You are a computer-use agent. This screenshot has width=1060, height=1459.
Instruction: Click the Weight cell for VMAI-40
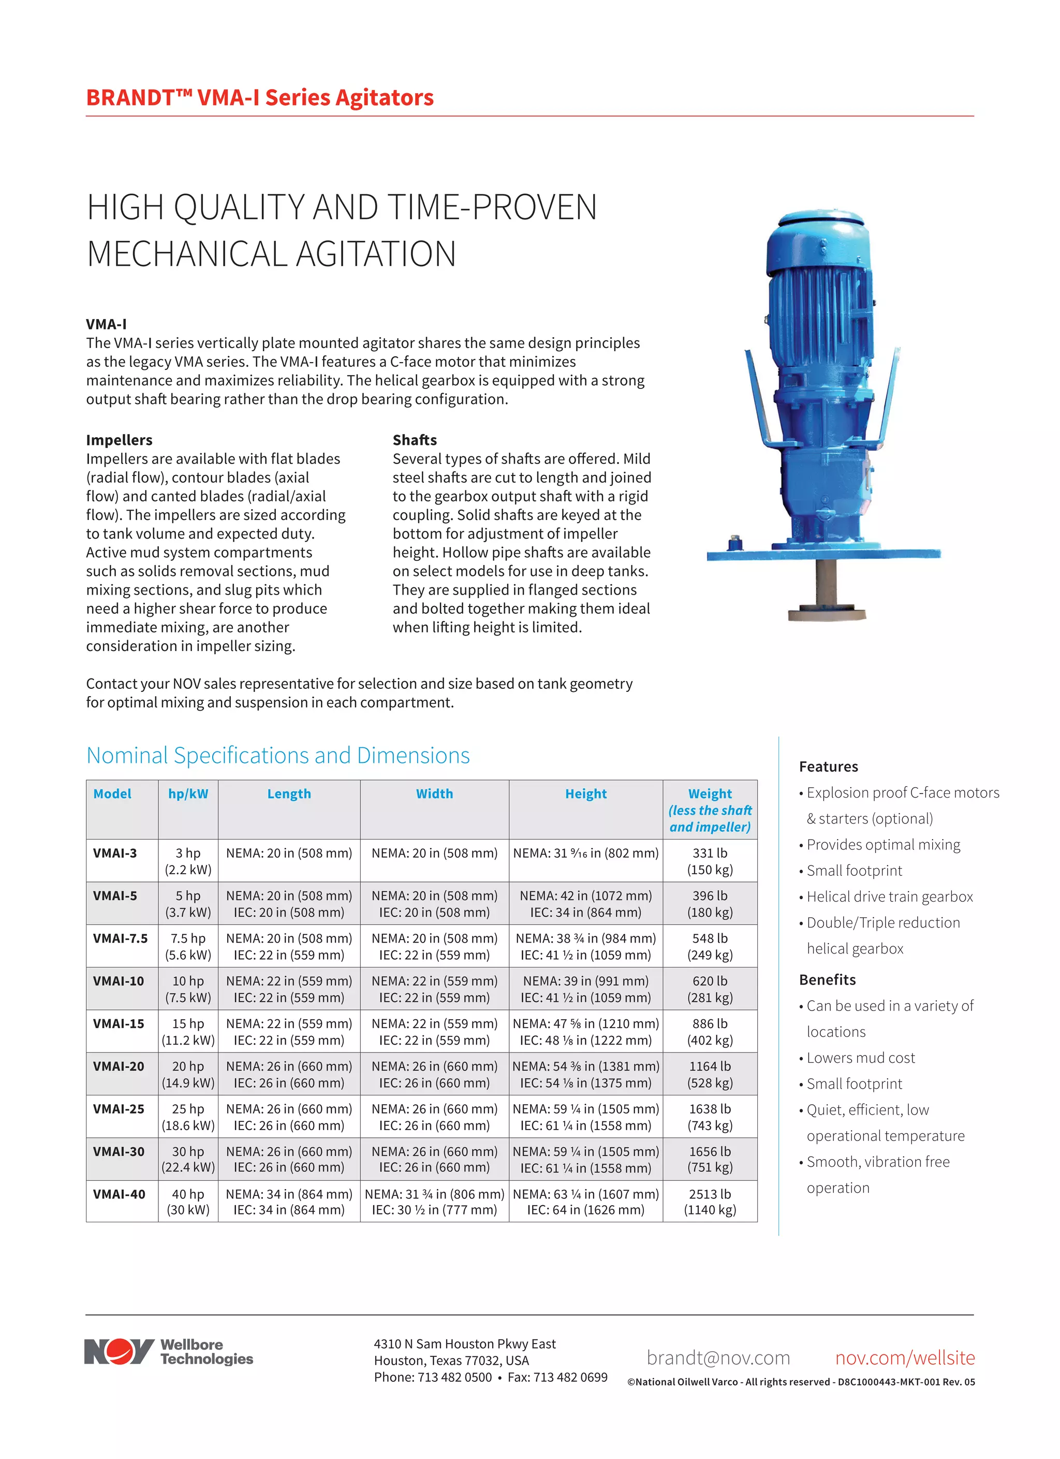710,1201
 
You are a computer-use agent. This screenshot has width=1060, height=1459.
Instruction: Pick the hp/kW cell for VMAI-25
188,1117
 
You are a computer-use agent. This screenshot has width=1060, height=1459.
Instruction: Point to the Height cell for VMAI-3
585,853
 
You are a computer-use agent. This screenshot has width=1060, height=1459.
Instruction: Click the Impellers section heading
120,440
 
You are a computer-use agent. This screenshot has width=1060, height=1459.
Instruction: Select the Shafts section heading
415,440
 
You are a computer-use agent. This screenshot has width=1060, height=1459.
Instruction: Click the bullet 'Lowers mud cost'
860,1058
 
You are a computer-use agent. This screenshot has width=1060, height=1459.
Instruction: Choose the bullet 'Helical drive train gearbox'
889,896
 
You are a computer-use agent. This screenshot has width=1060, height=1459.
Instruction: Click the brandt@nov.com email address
718,1357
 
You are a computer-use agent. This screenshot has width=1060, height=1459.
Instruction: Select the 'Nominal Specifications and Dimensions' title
278,755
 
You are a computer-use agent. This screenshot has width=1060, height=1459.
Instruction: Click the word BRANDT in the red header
130,98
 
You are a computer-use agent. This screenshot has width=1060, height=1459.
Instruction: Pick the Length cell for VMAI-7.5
289,946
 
